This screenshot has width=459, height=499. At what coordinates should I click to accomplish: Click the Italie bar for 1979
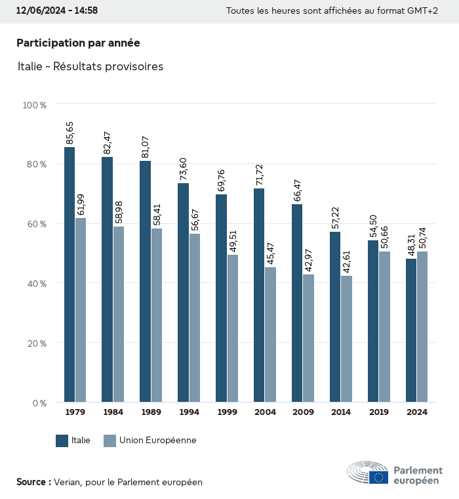[x=70, y=274]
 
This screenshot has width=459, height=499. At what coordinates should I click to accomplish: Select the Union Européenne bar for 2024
[x=422, y=326]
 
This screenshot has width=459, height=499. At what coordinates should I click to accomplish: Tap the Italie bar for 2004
[x=259, y=295]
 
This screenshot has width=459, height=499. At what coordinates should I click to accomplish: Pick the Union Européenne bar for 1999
[x=232, y=328]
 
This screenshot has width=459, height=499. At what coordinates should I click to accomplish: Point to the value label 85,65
[x=70, y=133]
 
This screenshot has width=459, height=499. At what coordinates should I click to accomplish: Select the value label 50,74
[x=422, y=237]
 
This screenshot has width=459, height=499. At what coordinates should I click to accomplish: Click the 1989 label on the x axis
[x=151, y=412]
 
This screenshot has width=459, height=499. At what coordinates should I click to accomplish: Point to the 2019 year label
[x=379, y=412]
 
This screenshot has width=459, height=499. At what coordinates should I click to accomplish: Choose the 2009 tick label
[x=303, y=412]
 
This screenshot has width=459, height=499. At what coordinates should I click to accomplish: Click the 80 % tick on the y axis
[x=35, y=164]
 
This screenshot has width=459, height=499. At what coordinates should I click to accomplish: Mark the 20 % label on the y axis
[x=35, y=343]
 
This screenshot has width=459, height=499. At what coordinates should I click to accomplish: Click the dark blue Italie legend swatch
[x=62, y=441]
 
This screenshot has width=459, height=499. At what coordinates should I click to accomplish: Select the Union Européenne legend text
[x=157, y=441]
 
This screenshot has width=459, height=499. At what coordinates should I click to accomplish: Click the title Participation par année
[x=78, y=43]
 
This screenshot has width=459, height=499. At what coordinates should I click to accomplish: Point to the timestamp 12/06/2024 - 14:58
[x=56, y=11]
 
